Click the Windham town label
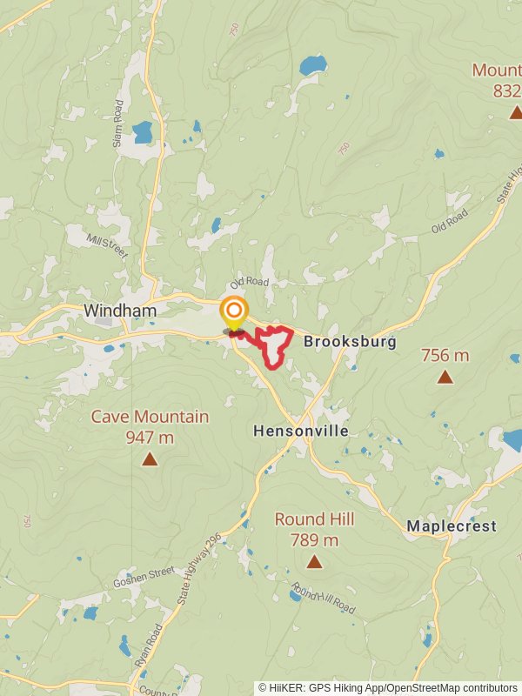pos(120,311)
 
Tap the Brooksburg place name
pos(350,342)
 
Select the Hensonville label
pos(301,431)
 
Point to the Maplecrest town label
pos(452,526)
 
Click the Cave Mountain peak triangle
pos(150,458)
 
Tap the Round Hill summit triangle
pos(314,562)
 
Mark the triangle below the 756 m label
pos(445,377)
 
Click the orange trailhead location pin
pos(233,313)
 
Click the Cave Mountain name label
pos(150,417)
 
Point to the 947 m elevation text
pos(150,437)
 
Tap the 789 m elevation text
pos(314,540)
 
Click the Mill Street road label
pos(108,245)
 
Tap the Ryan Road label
pos(147,645)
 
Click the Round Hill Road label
pos(323,600)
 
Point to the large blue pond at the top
pos(312,65)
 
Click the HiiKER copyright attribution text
pos(387,687)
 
